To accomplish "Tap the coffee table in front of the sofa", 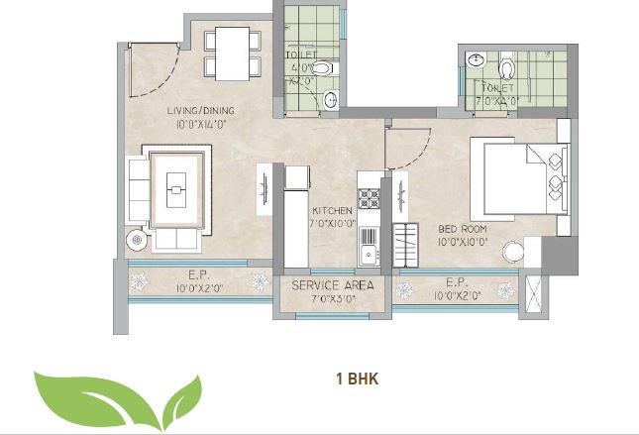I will coord(176,185).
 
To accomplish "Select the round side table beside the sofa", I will coord(136,238).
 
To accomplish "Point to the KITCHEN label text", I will coord(331,212).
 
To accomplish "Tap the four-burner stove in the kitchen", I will coord(369,197).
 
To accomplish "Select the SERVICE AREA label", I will coord(332,284).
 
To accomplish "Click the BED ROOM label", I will coord(461,228).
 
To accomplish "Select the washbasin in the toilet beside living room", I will coord(331,98).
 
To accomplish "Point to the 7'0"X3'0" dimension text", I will coord(332,298).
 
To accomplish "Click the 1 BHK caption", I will coord(358,378).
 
